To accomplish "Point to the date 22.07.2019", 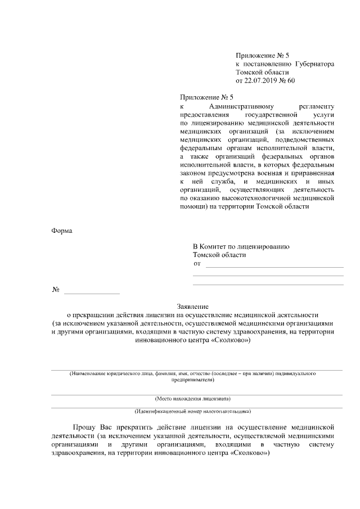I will pos(263,81).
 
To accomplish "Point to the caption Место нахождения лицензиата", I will pos(193,399).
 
